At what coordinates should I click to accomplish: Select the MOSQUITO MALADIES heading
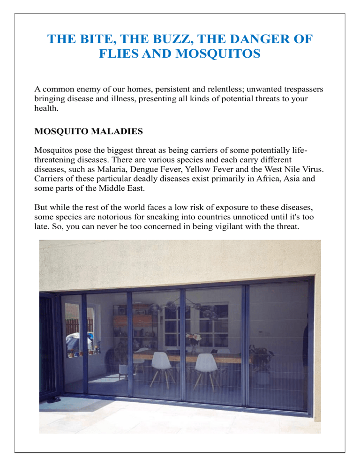coord(89,132)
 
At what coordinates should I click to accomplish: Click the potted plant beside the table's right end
coord(261,359)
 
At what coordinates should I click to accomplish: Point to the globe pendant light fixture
coord(197,309)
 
